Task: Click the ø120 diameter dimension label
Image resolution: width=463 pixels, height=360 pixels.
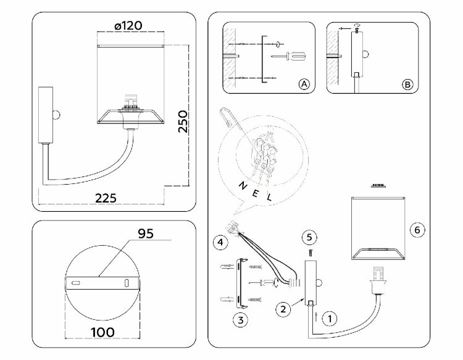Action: pyautogui.click(x=128, y=26)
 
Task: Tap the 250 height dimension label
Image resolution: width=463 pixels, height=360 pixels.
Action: pyautogui.click(x=183, y=122)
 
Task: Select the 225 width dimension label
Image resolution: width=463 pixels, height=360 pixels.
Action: pyautogui.click(x=106, y=198)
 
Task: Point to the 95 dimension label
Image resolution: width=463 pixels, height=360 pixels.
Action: pyautogui.click(x=146, y=233)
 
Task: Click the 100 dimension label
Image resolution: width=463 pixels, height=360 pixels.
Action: pyautogui.click(x=102, y=332)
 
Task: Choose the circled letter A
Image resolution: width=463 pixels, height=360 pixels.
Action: pyautogui.click(x=304, y=85)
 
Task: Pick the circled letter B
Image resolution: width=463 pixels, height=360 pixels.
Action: pyautogui.click(x=407, y=85)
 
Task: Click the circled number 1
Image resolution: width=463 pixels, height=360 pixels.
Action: pyautogui.click(x=330, y=319)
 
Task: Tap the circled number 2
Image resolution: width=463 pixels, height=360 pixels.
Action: pyautogui.click(x=283, y=309)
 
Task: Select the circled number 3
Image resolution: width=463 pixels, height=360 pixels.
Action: pyautogui.click(x=241, y=320)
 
